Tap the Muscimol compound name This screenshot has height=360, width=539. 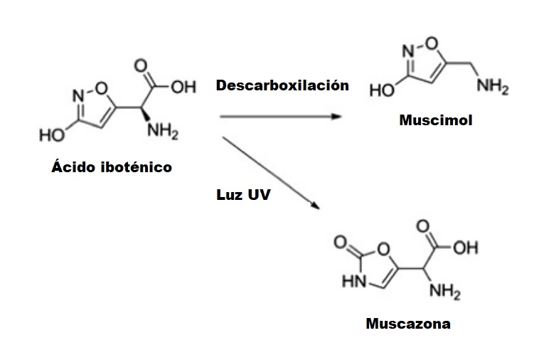coord(435,120)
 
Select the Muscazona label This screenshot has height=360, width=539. coord(407,324)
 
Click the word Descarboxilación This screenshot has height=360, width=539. coord(282,85)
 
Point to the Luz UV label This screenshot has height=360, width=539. coord(243,194)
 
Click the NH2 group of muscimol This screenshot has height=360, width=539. coord(492,88)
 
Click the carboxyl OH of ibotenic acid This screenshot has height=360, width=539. coord(182,88)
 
